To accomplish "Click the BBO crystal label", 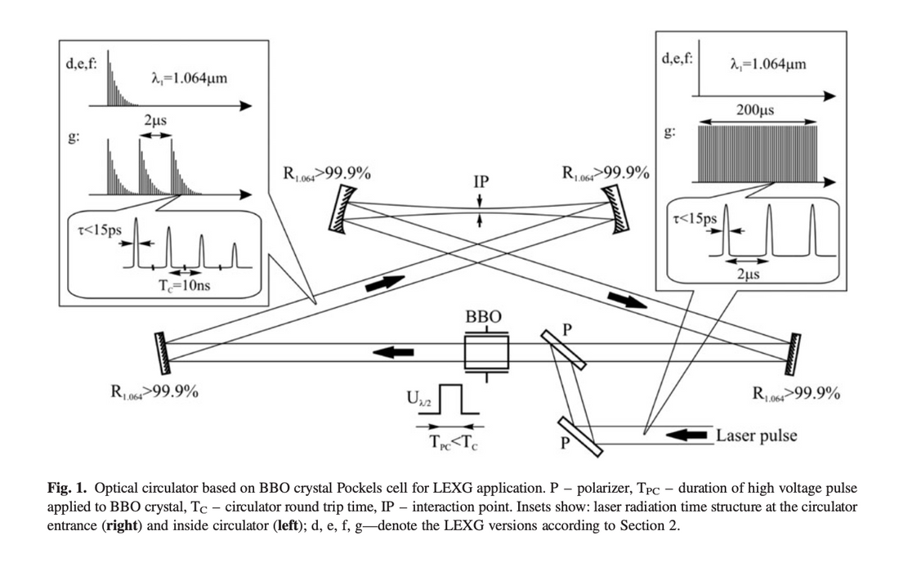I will point(484,316).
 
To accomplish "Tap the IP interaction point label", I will point(481,181).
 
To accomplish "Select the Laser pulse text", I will point(756,435).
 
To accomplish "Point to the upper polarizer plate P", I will point(563,350).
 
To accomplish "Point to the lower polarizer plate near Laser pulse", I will point(581,435).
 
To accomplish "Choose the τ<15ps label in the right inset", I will point(695,219).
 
